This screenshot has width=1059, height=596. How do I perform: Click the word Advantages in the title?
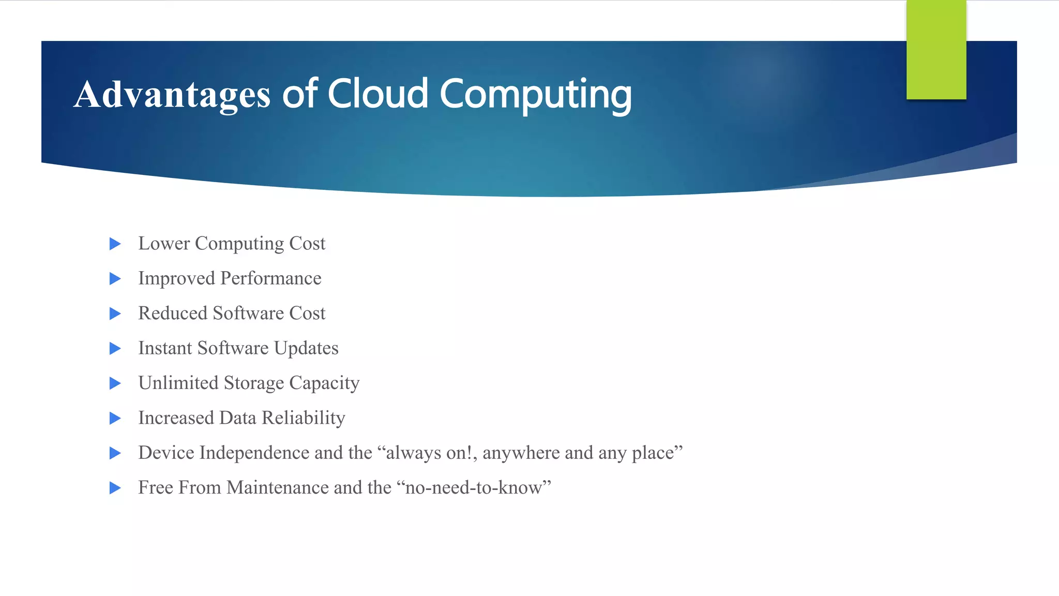(x=172, y=95)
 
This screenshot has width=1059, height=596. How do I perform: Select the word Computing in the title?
(x=535, y=95)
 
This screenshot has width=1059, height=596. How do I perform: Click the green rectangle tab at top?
(x=936, y=50)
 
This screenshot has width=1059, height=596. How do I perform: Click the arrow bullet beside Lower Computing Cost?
(x=115, y=244)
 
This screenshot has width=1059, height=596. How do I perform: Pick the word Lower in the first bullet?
(x=164, y=243)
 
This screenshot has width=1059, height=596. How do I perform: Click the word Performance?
(x=270, y=278)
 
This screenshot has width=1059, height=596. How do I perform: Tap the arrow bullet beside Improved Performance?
(x=115, y=279)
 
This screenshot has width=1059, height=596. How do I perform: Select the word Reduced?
(x=173, y=313)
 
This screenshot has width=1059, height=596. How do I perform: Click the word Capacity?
(x=324, y=383)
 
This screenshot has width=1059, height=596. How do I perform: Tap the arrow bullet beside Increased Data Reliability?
(x=115, y=418)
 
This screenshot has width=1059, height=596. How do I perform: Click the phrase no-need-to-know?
(x=474, y=487)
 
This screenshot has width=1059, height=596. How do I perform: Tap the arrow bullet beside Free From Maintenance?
(x=115, y=488)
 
